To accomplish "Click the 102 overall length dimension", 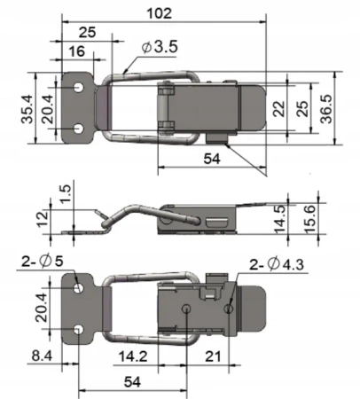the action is pyautogui.click(x=160, y=13).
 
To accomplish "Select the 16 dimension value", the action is pyautogui.click(x=77, y=51).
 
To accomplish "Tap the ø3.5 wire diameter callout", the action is pyautogui.click(x=160, y=47).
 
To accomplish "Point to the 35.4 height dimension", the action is pyautogui.click(x=27, y=109).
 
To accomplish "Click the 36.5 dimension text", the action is pyautogui.click(x=326, y=108).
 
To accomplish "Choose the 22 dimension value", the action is pyautogui.click(x=279, y=109).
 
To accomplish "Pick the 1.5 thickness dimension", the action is pyautogui.click(x=66, y=193).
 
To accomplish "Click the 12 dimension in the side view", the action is pyautogui.click(x=43, y=218).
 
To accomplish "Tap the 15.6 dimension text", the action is pyautogui.click(x=310, y=220).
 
